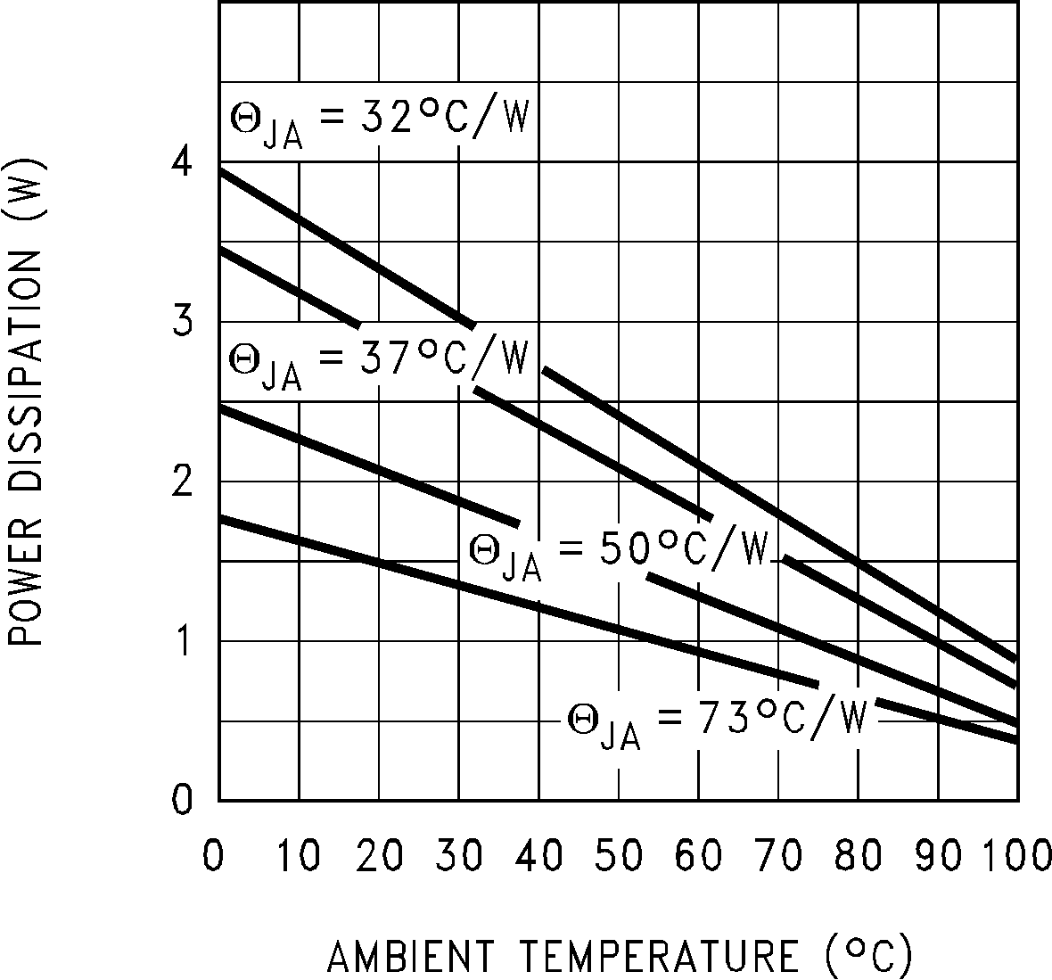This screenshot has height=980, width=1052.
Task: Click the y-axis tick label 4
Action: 182,162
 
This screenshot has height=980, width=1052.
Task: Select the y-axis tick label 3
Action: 182,322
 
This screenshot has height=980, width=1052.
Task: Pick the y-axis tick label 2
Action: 182,482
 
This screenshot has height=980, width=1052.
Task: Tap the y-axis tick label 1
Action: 182,642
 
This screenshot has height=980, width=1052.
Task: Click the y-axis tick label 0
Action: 182,800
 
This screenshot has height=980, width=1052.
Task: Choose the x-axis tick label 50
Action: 620,856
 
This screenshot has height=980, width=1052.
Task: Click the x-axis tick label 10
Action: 299,856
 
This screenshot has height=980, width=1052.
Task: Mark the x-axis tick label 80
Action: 859,856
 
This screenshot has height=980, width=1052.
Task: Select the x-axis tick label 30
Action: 460,856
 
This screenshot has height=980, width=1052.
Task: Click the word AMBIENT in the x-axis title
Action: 410,957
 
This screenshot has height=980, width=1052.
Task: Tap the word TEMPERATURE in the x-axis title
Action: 659,957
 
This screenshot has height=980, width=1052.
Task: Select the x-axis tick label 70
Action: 779,856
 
